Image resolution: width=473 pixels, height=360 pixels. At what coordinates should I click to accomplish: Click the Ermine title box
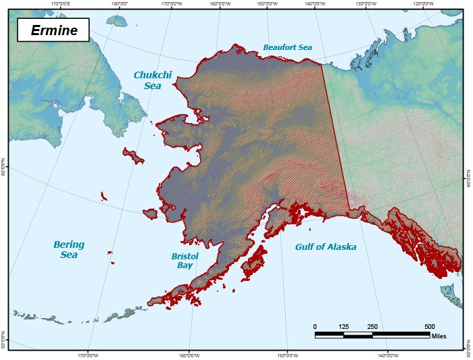coord(53,30)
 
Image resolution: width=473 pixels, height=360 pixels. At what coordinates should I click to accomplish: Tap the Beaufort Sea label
coord(288,47)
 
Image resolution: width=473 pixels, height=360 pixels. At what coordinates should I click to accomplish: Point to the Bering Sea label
coord(69,249)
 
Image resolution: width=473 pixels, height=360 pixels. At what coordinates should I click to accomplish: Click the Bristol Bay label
coord(182,261)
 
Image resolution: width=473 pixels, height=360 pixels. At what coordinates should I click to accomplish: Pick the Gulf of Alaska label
coord(326,247)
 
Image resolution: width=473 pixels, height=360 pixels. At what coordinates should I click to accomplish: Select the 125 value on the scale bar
coord(343,326)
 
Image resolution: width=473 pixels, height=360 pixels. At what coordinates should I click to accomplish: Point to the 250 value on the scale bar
coord(372,326)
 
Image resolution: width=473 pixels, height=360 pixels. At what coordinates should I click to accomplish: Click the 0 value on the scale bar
coord(315,326)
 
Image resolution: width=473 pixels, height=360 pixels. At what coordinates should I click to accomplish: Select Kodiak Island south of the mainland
coord(253,261)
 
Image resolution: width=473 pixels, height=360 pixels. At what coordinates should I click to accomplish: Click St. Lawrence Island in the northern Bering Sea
coord(133,156)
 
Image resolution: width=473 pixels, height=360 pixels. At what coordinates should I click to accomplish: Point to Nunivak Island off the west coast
coord(150,213)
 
